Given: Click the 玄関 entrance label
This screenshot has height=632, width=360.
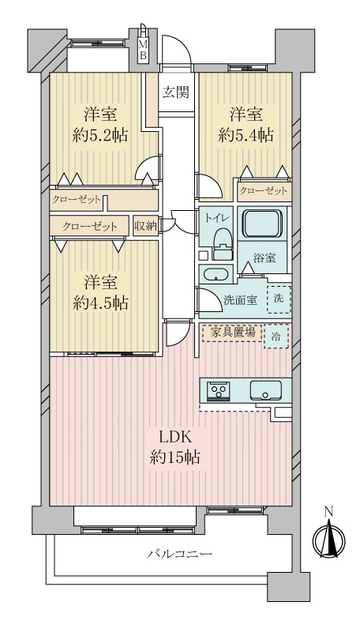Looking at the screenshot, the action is (x=176, y=93).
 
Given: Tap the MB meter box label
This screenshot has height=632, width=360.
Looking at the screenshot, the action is (x=143, y=50).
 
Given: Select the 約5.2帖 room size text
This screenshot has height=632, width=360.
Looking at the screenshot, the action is (x=100, y=135).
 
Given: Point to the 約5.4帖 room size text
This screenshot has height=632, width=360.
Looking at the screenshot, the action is (x=246, y=135).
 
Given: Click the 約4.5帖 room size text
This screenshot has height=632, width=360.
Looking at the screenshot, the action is (x=101, y=303).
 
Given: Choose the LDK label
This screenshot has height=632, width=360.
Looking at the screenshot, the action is (x=174, y=437).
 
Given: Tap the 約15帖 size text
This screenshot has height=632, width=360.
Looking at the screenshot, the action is (x=174, y=457).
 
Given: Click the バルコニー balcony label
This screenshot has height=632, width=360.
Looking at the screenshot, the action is (x=179, y=554).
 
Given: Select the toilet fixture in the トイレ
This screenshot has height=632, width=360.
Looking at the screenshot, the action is (x=223, y=244).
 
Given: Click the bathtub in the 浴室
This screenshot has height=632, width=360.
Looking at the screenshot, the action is (x=262, y=223).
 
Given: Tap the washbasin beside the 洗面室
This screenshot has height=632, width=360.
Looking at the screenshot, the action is (x=216, y=274).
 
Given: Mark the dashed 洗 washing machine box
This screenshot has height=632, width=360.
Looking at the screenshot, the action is (x=279, y=299).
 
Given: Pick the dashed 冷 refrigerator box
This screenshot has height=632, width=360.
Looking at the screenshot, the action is (x=276, y=336).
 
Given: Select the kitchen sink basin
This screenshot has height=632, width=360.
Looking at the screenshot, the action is (x=265, y=390).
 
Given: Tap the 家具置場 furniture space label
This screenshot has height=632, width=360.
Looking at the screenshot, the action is (x=233, y=333).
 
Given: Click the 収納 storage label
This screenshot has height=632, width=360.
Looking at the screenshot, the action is (x=145, y=226).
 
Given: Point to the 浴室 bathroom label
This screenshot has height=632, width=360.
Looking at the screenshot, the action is (x=264, y=258).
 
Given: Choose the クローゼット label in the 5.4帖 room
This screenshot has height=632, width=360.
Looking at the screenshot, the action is (x=264, y=190).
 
